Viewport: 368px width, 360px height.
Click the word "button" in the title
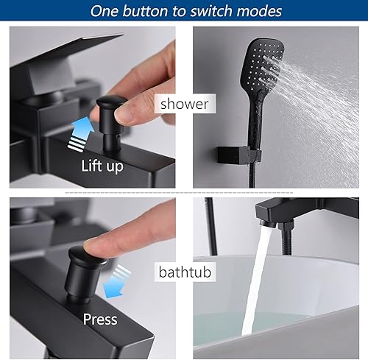(x=145, y=11)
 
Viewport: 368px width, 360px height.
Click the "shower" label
(x=185, y=104)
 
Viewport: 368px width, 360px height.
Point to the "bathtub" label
(x=185, y=272)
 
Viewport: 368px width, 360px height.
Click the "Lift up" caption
(x=102, y=166)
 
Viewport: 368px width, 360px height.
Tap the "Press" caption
(x=100, y=320)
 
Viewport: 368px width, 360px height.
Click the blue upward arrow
(x=81, y=134)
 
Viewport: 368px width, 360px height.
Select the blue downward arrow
(x=116, y=282)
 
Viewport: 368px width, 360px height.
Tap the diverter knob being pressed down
(x=85, y=275)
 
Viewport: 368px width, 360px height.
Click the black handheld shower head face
(x=263, y=65)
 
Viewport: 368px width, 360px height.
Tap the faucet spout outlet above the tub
(x=268, y=223)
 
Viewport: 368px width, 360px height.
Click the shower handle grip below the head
(x=256, y=118)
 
